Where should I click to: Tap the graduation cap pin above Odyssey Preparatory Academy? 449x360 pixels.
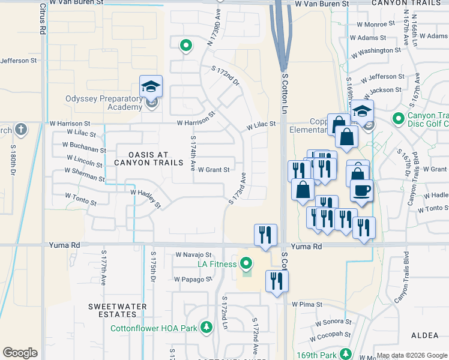151,86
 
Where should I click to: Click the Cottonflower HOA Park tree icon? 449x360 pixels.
206,328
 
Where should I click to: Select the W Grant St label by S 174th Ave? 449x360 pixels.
214,170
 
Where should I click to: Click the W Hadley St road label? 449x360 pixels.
146,197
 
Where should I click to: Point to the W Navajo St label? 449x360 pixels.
194,255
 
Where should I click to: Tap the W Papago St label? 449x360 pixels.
193,279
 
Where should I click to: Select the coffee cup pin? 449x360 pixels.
361,191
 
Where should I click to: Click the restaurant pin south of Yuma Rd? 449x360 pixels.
276,280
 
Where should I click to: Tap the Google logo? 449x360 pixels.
20,353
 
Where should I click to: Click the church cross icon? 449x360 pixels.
21,129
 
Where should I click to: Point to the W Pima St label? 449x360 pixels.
307,305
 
